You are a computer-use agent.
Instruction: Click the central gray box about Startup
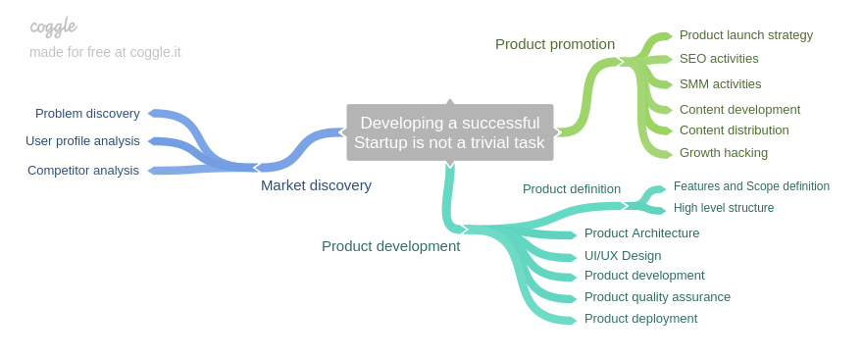(x=449, y=132)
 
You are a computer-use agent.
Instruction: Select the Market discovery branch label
(x=316, y=185)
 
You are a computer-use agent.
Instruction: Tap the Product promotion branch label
(x=554, y=44)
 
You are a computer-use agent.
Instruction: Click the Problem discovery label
(x=87, y=114)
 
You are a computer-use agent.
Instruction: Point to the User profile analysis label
(x=82, y=141)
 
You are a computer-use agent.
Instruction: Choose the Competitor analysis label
(x=83, y=171)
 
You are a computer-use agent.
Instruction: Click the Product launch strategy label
(x=745, y=35)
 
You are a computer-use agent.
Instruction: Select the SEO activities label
(x=718, y=59)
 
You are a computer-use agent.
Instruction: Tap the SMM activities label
(x=720, y=84)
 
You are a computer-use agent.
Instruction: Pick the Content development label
(x=739, y=110)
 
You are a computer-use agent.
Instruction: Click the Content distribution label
(x=734, y=130)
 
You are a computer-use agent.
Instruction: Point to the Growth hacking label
(x=723, y=153)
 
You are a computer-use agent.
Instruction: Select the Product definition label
(x=571, y=189)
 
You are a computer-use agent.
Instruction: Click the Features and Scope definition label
(x=751, y=186)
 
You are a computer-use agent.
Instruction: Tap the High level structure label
(x=723, y=208)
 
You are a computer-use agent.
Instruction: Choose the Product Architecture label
(x=641, y=233)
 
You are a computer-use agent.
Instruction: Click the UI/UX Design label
(x=622, y=256)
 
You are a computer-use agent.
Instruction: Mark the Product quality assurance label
(x=657, y=297)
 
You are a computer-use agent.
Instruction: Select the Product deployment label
(x=640, y=319)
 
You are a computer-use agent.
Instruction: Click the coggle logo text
(x=53, y=26)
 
